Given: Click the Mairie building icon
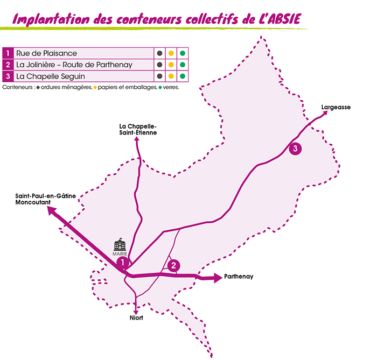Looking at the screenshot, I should coord(120,245).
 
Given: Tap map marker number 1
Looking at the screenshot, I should coord(123,263).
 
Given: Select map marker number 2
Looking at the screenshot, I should coord(173,265).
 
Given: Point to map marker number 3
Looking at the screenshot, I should coord(295,149).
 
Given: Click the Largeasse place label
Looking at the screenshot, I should coord(336,107).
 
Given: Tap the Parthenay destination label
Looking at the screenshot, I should coord(240,277).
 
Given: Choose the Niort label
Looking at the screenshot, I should coord(136,318).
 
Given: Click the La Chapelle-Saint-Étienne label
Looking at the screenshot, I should coord(138,129).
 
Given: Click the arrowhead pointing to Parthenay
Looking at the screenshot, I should coord(217,278).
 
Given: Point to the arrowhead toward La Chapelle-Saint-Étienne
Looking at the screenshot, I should coord(137,139).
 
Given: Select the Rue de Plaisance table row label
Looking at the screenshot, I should coord(46,53).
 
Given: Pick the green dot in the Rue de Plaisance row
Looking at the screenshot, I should coord(183,53).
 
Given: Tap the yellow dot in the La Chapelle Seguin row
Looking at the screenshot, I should coord(171,76).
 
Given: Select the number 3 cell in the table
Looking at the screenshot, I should coord(8,76).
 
